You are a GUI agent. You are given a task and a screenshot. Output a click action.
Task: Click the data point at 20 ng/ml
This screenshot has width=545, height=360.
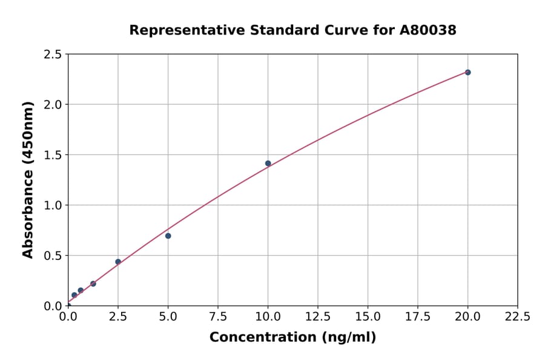pyautogui.click(x=467, y=72)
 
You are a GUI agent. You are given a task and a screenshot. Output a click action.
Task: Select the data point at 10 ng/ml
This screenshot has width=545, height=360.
pyautogui.click(x=268, y=163)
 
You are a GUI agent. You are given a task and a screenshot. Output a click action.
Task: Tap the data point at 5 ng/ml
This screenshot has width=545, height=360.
pyautogui.click(x=168, y=236)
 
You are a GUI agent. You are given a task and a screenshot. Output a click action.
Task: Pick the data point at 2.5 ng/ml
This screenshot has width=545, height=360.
pyautogui.click(x=118, y=262)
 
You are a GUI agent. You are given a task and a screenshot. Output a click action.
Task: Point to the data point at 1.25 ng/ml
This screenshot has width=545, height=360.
pyautogui.click(x=93, y=284)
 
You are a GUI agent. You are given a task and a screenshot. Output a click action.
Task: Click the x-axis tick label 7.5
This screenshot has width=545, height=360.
pyautogui.click(x=218, y=316)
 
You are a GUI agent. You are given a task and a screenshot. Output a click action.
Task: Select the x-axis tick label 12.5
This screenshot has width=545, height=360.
pyautogui.click(x=318, y=316)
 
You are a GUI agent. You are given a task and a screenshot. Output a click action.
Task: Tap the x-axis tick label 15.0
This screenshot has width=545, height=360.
pyautogui.click(x=368, y=316)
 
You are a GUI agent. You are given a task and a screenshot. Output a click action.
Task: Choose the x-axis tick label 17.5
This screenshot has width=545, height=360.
pyautogui.click(x=418, y=316)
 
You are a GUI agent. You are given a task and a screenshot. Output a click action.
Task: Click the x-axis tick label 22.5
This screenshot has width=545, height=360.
pyautogui.click(x=518, y=316)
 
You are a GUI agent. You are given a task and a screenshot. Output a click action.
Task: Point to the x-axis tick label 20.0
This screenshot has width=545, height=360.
pyautogui.click(x=467, y=316)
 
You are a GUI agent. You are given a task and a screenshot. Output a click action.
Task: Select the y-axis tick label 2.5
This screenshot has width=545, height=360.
pyautogui.click(x=53, y=55)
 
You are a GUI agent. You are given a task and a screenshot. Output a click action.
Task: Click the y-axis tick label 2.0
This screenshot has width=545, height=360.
pyautogui.click(x=53, y=105)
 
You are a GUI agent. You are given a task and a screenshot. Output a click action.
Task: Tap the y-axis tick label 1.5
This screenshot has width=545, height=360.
pyautogui.click(x=53, y=155)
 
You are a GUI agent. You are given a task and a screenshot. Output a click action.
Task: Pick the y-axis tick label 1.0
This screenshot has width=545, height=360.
pyautogui.click(x=53, y=205)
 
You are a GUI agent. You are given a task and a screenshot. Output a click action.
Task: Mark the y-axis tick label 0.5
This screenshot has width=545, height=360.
pyautogui.click(x=53, y=256)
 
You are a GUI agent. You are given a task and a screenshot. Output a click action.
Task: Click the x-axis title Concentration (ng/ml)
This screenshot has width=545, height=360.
pyautogui.click(x=292, y=337)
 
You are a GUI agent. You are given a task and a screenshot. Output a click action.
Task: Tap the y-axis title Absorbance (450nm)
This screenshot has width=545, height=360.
pyautogui.click(x=28, y=180)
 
